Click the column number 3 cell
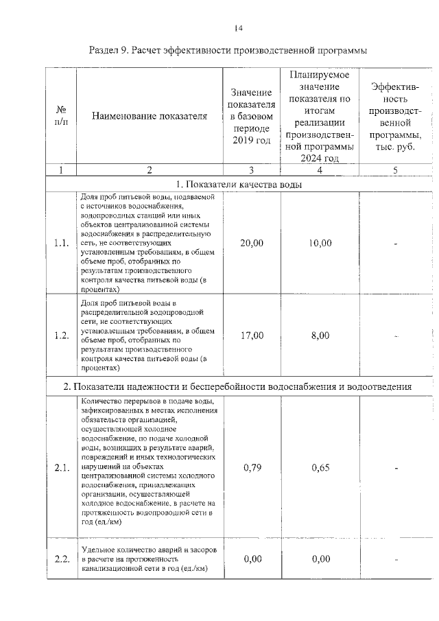coord(252,170)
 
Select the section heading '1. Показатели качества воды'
coord(239,184)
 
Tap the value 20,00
coord(252,243)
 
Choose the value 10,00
coord(320,243)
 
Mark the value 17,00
coord(252,336)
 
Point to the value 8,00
coord(320,336)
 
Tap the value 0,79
coord(252,468)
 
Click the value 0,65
coord(320,468)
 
